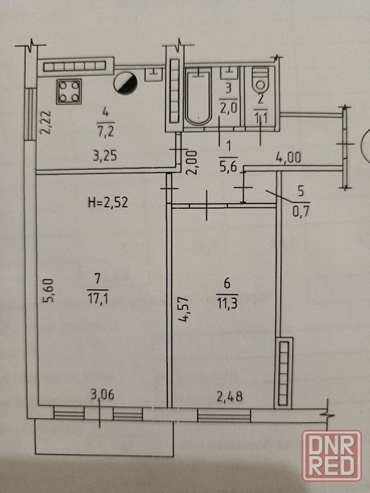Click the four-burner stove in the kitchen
pos(69,91)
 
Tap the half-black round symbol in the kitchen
pos(125,84)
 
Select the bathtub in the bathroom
pos(198,98)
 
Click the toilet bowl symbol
pos(260,79)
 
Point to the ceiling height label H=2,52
pos(108,202)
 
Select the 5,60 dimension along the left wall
pos(49,290)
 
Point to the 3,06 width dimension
pos(102,394)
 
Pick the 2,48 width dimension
pos(230,396)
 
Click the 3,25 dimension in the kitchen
pos(105,156)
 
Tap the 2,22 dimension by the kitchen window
pos(46,122)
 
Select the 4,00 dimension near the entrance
pos(288,157)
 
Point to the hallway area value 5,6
pos(228,166)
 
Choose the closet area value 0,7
pos(301,211)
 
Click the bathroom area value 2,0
pos(228,108)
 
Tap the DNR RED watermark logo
pos(332,455)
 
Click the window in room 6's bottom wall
pos(224,415)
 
